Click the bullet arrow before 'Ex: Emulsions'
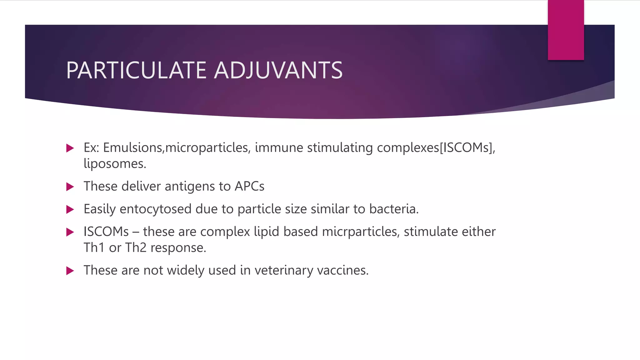click(70, 148)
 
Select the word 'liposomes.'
click(115, 164)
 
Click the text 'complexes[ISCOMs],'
click(436, 148)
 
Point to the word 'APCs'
click(249, 186)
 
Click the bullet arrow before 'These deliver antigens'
click(70, 187)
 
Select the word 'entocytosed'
click(155, 209)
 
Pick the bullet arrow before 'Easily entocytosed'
click(70, 210)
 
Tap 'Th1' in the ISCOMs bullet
click(94, 248)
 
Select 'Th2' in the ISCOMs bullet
click(136, 248)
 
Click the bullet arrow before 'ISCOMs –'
click(70, 232)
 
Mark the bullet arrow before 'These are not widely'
click(70, 271)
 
